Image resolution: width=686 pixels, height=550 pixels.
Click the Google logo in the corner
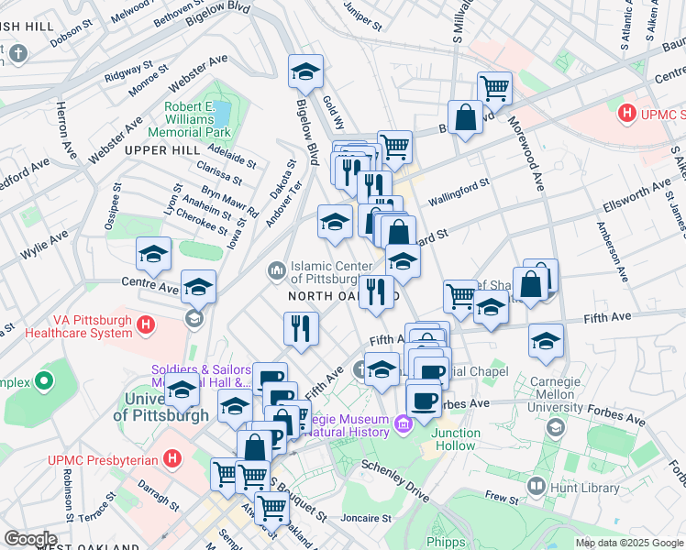[29, 539]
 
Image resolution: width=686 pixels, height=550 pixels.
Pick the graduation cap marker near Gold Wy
[306, 71]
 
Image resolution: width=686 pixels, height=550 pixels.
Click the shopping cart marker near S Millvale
[494, 88]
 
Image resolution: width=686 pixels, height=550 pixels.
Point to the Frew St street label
[502, 498]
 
